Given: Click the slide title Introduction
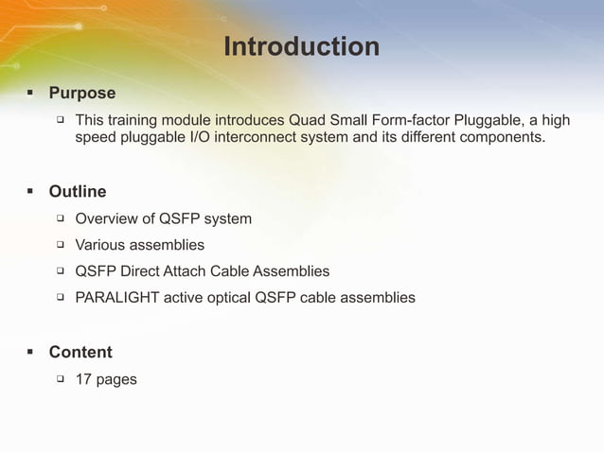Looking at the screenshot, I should click(301, 46).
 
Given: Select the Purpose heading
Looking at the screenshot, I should click(82, 93).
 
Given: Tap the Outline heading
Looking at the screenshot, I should click(78, 192).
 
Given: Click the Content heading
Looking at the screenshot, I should click(80, 352).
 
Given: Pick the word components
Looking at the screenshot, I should click(504, 138).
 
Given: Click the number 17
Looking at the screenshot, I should click(83, 379).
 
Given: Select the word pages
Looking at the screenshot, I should click(116, 380).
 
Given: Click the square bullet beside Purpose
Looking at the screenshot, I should click(29, 94).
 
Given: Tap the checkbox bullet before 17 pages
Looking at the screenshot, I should click(59, 379).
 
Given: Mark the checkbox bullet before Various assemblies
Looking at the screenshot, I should click(59, 245).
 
